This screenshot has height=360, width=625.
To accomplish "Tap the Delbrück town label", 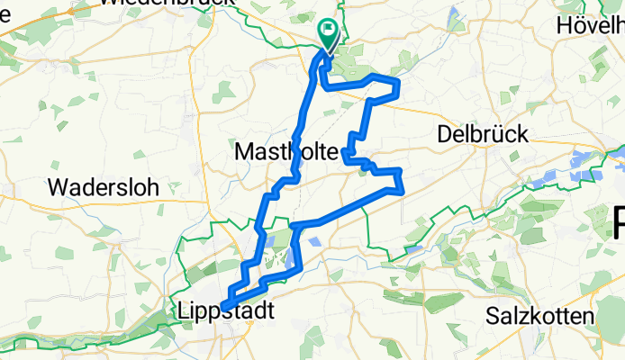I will [x=482, y=134].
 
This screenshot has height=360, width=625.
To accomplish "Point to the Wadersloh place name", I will [x=103, y=188].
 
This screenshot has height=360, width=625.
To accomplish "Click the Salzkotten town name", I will [x=539, y=316].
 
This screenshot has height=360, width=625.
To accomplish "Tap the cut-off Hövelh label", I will [x=591, y=24].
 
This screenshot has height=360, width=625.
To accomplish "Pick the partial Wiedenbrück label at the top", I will [x=166, y=4].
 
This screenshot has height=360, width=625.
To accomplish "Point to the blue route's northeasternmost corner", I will [x=397, y=84].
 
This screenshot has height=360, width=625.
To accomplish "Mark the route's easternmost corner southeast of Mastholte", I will [x=400, y=187].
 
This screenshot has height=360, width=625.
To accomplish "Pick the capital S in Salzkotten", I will [x=492, y=317].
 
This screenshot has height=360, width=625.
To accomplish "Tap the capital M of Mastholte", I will [x=244, y=155].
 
